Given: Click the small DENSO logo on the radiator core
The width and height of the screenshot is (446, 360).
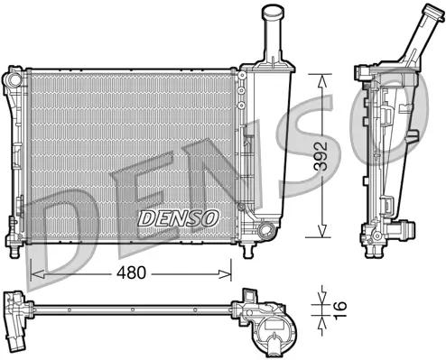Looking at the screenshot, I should coord(178,218).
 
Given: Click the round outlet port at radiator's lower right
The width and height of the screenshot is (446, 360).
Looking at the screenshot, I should coord(263,234).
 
